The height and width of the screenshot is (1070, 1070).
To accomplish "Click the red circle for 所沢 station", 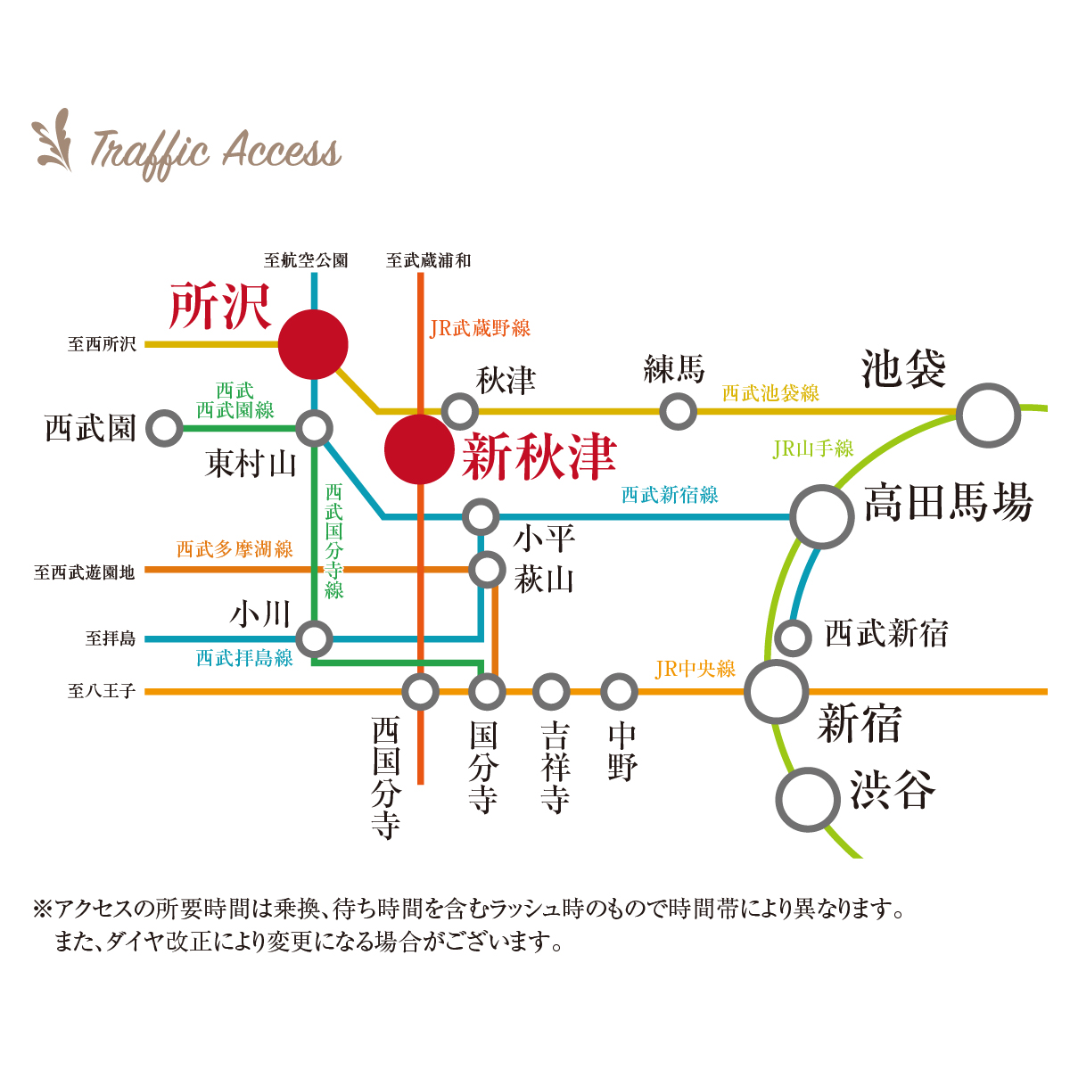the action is point(313,344).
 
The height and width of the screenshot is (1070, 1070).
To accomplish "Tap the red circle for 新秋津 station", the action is point(420,449).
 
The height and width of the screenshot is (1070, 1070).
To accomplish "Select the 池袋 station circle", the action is point(988,416).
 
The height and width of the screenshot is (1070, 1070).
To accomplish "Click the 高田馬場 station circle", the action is point(822,517).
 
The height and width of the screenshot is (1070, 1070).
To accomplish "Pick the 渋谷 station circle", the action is point(807,800).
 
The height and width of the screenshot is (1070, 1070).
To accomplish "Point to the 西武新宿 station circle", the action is point(793,638).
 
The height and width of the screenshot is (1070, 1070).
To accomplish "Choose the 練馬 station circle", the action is point(678,411).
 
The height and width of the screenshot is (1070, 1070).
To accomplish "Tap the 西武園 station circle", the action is point(164,428).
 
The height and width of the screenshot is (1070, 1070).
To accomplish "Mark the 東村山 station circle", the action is point(314,429).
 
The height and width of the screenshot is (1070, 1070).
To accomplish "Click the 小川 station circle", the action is point(314,639).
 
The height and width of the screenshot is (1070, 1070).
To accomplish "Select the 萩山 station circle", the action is point(487,570).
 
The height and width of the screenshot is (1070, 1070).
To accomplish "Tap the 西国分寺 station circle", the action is point(420,692).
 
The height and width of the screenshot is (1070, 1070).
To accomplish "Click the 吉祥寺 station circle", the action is point(551,692).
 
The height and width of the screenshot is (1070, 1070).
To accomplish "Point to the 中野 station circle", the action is point(619,692).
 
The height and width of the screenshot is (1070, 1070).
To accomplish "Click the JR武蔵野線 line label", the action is point(480,328).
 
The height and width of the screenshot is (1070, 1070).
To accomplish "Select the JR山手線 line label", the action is point(813,449).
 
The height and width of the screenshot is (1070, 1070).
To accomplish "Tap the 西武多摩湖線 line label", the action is point(235,549).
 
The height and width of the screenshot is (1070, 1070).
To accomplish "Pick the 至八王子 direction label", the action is point(102,691).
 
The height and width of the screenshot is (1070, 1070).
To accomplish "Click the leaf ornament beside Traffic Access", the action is point(53,139).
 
